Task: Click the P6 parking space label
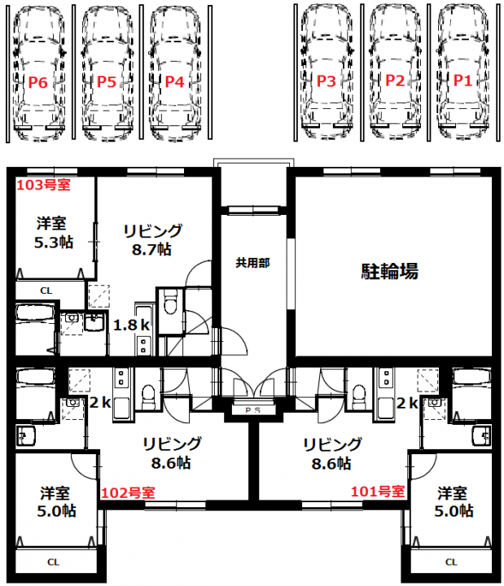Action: pyautogui.click(x=38, y=82)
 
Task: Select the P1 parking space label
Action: pyautogui.click(x=462, y=81)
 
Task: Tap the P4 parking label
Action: pyautogui.click(x=174, y=81)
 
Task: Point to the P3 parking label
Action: pyautogui.click(x=326, y=81)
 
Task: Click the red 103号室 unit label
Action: pyautogui.click(x=43, y=185)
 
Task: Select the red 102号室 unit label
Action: pyautogui.click(x=128, y=493)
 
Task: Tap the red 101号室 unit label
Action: pyautogui.click(x=378, y=492)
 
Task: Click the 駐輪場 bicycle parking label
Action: pyautogui.click(x=389, y=271)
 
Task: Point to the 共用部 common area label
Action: pyautogui.click(x=252, y=263)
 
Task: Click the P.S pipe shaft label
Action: pyautogui.click(x=252, y=410)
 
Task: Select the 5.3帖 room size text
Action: pyautogui.click(x=54, y=243)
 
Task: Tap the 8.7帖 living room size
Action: pyautogui.click(x=151, y=249)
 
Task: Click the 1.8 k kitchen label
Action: pyautogui.click(x=132, y=325)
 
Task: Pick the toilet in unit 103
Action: pyautogui.click(x=170, y=302)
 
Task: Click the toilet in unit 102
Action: pyautogui.click(x=148, y=398)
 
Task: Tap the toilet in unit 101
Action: pyautogui.click(x=359, y=398)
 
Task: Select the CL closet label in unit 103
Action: pyautogui.click(x=46, y=291)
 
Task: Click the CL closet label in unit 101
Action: pyautogui.click(x=451, y=562)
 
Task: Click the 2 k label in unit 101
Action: pyautogui.click(x=407, y=403)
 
